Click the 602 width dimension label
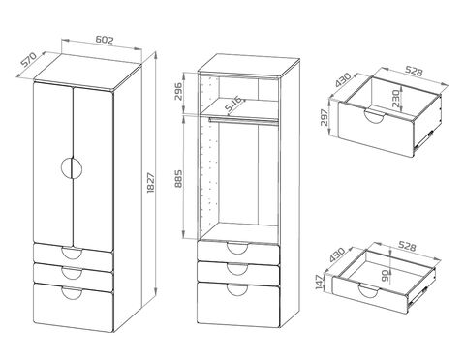click(x=105, y=40)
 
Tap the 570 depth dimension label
click(x=28, y=59)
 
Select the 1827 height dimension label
click(x=151, y=183)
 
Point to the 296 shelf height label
click(x=178, y=91)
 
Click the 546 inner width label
click(x=233, y=104)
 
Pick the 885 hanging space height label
click(x=178, y=179)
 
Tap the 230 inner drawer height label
click(x=396, y=99)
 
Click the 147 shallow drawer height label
click(x=319, y=283)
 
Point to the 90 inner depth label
click(x=385, y=275)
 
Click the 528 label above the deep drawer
click(x=415, y=71)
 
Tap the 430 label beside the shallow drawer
click(x=337, y=255)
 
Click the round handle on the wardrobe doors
click(x=72, y=167)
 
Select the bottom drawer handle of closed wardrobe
click(x=72, y=293)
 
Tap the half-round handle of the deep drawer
click(x=375, y=115)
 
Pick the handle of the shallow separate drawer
click(x=368, y=290)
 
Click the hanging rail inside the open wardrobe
click(x=243, y=121)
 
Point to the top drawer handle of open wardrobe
click(x=237, y=248)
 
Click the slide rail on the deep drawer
click(x=423, y=139)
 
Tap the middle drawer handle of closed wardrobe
click(x=72, y=273)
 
